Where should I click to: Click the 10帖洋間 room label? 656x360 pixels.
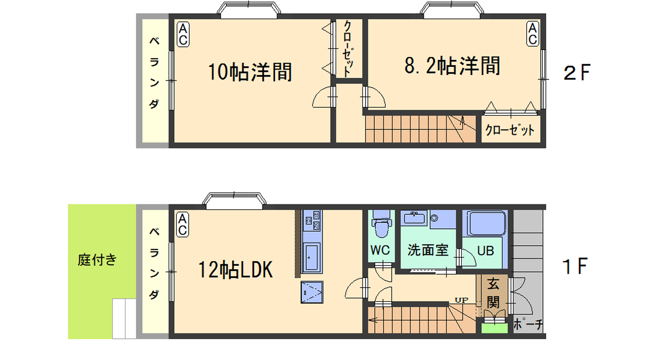pyautogui.click(x=250, y=72)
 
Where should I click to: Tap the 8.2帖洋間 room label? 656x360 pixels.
pyautogui.click(x=452, y=66)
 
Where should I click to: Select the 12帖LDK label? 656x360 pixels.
pyautogui.click(x=236, y=269)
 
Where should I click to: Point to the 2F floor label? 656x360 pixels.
pyautogui.click(x=577, y=72)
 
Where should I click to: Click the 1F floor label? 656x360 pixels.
pyautogui.click(x=575, y=266)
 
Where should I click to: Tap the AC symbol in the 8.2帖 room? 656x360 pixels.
pyautogui.click(x=533, y=34)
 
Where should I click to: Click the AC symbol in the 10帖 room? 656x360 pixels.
pyautogui.click(x=183, y=34)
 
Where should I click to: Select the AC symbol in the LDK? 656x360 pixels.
pyautogui.click(x=182, y=224)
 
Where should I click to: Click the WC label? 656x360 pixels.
pyautogui.click(x=380, y=250)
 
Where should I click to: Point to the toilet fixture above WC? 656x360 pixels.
pyautogui.click(x=381, y=224)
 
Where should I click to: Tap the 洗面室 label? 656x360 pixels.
pyautogui.click(x=428, y=250)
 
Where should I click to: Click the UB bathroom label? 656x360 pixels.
pyautogui.click(x=485, y=251)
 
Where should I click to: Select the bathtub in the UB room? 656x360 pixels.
pyautogui.click(x=486, y=224)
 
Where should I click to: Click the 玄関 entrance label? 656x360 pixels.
pyautogui.click(x=493, y=293)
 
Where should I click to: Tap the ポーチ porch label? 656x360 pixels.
pyautogui.click(x=528, y=324)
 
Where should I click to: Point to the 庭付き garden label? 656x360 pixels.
pyautogui.click(x=97, y=260)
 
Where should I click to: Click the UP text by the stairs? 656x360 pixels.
pyautogui.click(x=462, y=300)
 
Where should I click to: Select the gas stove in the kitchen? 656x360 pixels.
pyautogui.click(x=312, y=220)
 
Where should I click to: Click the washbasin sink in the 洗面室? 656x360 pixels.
pyautogui.click(x=414, y=218)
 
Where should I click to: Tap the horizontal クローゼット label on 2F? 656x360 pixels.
pyautogui.click(x=510, y=130)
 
